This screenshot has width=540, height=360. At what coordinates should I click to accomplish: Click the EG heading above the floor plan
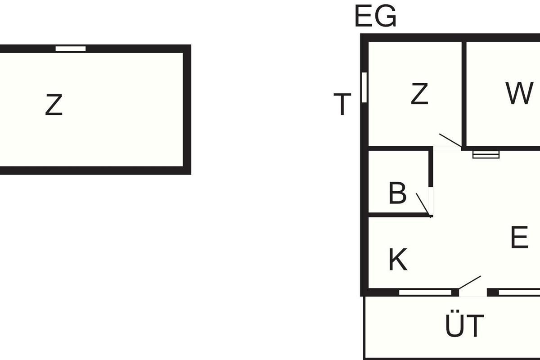pyautogui.click(x=375, y=16)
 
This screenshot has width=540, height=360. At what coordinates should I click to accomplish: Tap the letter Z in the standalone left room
pyautogui.click(x=54, y=105)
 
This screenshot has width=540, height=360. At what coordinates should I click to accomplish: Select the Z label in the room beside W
pyautogui.click(x=419, y=94)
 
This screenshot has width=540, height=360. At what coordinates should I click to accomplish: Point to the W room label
pyautogui.click(x=519, y=93)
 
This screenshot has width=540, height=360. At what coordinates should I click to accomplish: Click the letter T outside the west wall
pyautogui.click(x=342, y=104)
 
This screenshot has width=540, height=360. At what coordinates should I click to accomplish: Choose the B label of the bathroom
pyautogui.click(x=397, y=193)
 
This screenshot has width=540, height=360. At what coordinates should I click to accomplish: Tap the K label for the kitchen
pyautogui.click(x=398, y=260)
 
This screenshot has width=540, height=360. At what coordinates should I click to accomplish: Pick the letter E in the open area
pyautogui.click(x=519, y=237)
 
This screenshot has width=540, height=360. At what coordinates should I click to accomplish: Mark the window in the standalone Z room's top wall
pyautogui.click(x=71, y=49)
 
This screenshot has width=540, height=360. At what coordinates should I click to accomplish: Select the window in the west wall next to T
pyautogui.click(x=364, y=87)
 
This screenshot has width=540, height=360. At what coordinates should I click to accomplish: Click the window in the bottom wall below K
pyautogui.click(x=425, y=292)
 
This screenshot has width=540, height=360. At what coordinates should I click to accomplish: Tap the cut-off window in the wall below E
pyautogui.click(x=519, y=292)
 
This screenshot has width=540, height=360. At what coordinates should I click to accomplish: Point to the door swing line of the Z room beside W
pyautogui.click(x=450, y=140)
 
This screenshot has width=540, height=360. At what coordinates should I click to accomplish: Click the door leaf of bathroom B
pyautogui.click(x=423, y=205)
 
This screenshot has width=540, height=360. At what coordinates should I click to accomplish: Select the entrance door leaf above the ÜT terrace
pyautogui.click(x=470, y=282)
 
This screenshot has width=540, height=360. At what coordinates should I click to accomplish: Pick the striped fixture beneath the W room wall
pyautogui.click(x=486, y=154)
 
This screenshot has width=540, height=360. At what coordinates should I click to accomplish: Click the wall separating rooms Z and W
pyautogui.click(x=464, y=94)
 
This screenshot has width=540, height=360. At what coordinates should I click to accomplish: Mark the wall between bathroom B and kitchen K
pyautogui.click(x=400, y=215)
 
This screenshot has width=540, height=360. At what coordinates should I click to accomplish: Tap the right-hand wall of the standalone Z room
pyautogui.click(x=187, y=109)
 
